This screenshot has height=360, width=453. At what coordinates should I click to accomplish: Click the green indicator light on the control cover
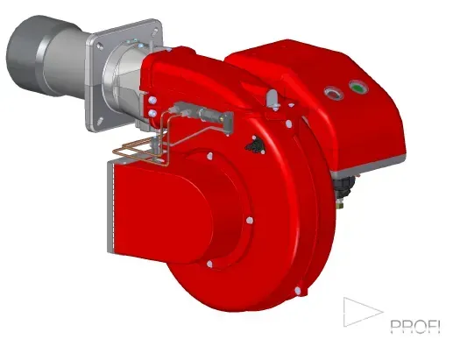(357, 86)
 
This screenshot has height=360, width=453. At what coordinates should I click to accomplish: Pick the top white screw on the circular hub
(212, 153)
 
